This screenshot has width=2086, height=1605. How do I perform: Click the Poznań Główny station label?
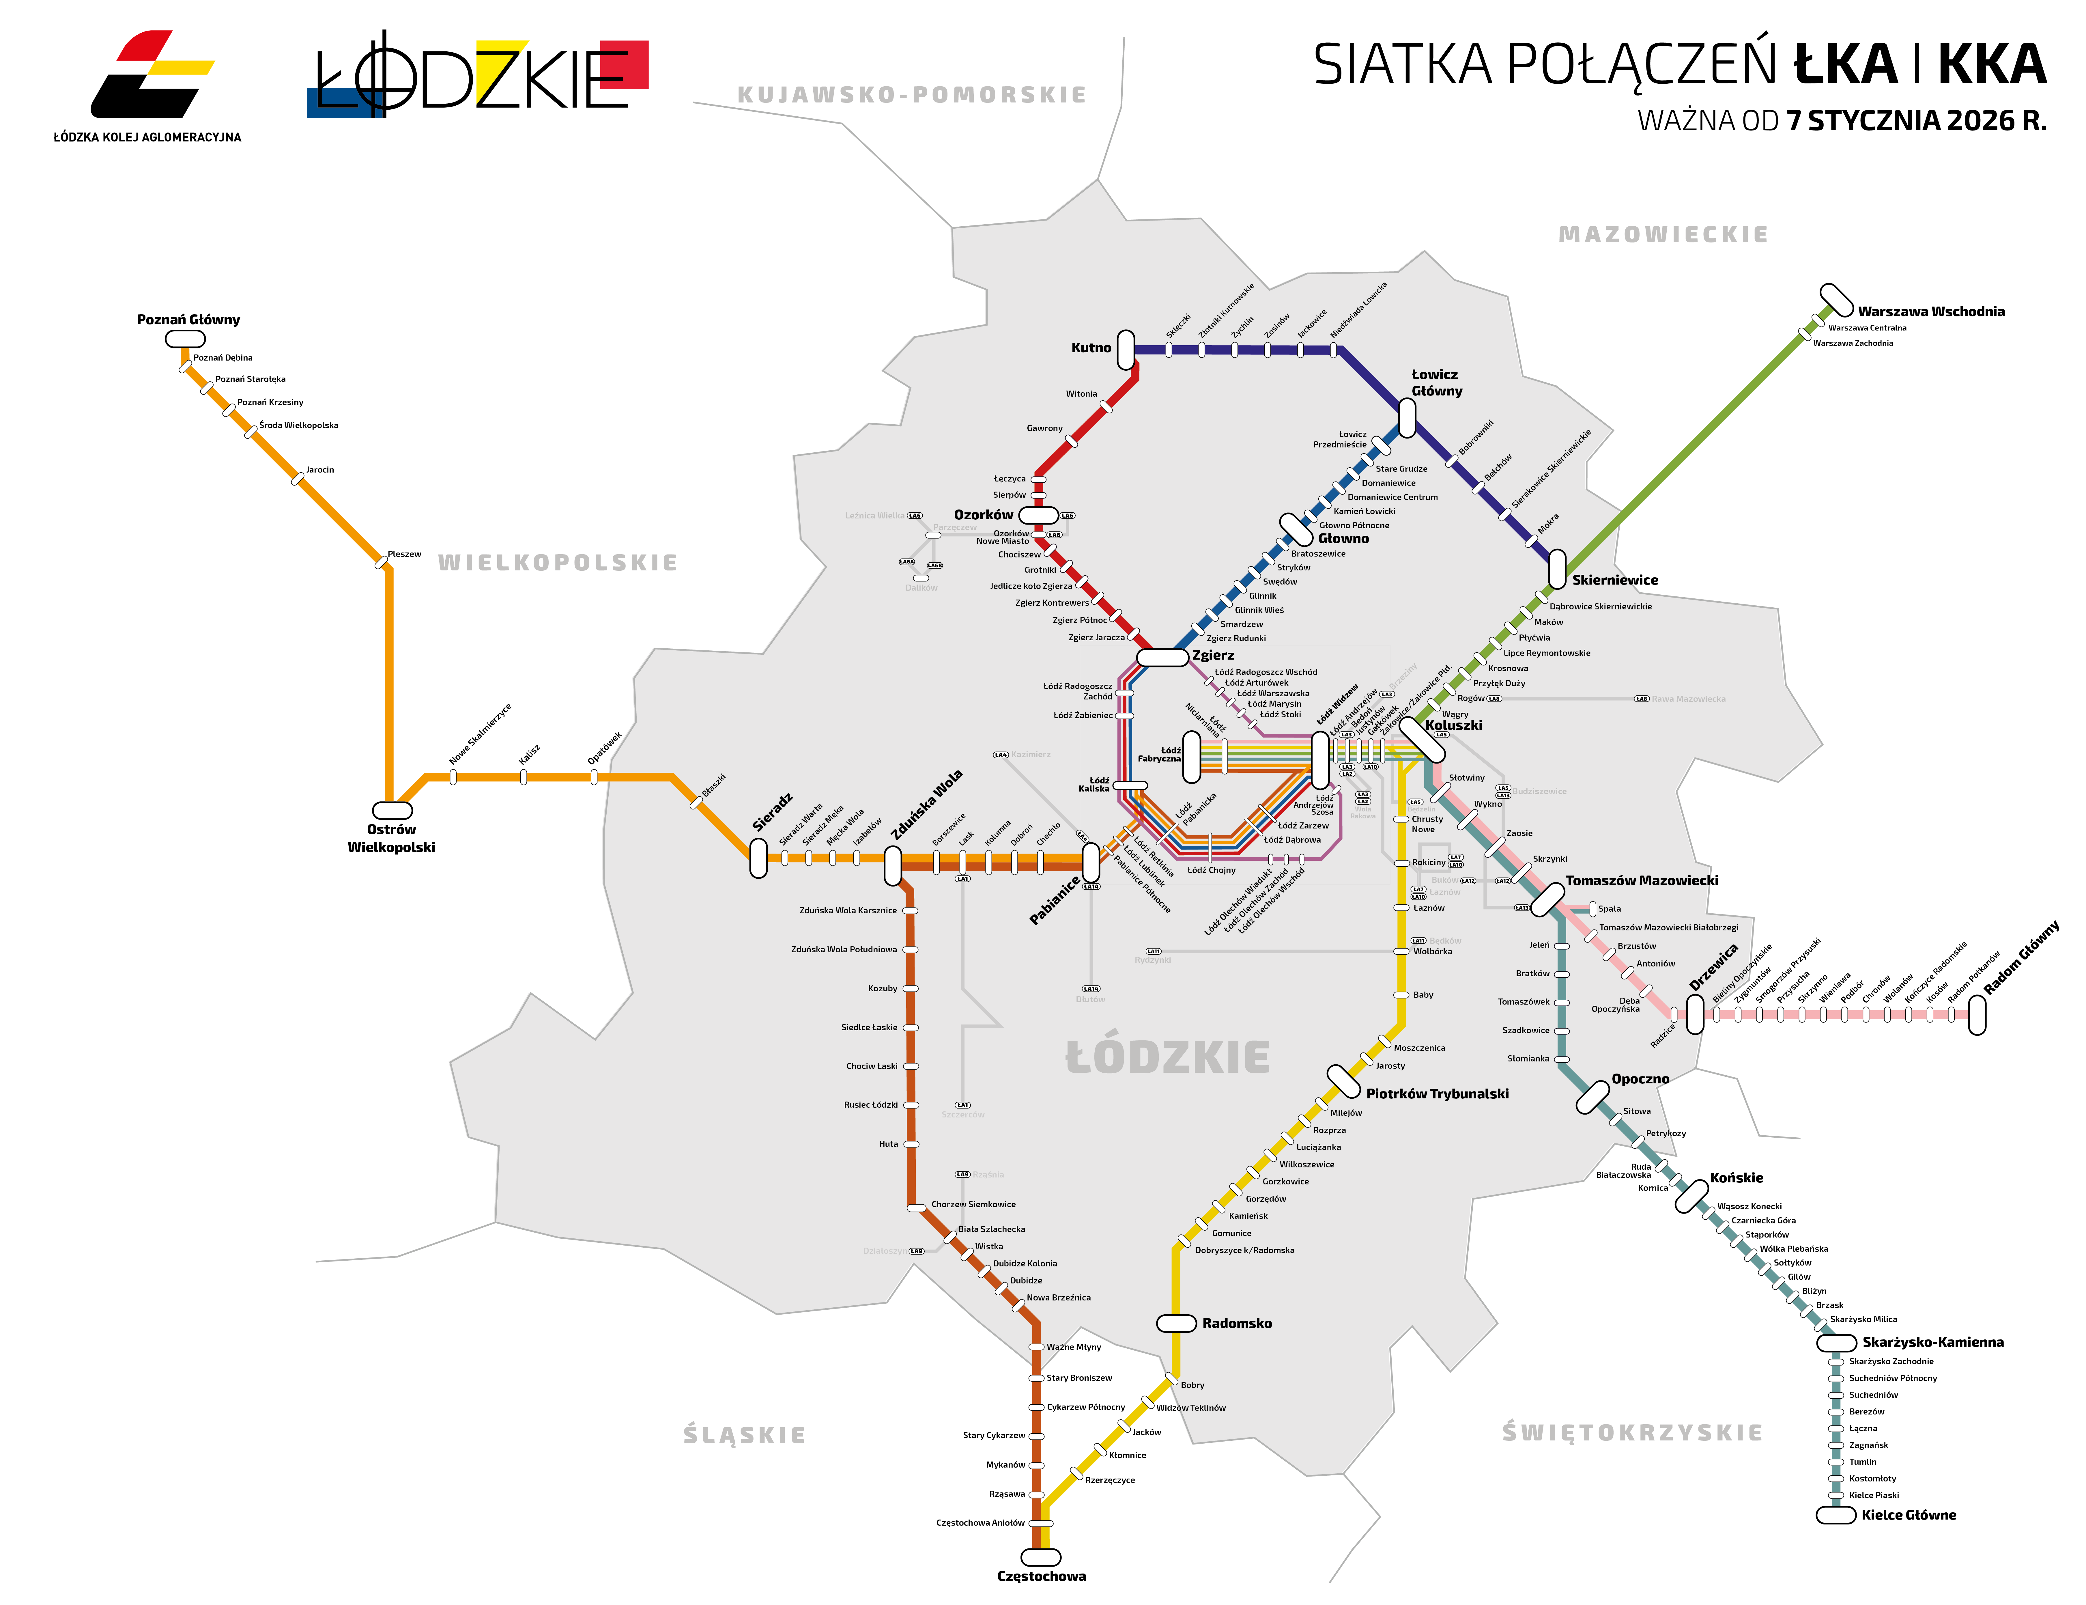coord(188,319)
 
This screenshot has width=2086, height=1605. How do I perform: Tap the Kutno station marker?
coord(1126,350)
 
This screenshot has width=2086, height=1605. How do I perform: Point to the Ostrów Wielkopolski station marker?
coord(392,810)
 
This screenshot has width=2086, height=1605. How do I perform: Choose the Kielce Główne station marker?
coord(1835,1515)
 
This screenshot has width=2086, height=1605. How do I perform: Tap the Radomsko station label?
coord(1237,1323)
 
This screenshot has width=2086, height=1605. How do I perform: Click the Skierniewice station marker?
coord(1557,569)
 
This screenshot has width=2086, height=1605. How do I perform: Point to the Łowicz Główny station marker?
coord(1407,417)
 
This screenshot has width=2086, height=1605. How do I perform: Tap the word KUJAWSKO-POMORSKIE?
coord(912,95)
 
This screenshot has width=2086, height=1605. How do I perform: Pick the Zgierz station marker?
coord(1162,657)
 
